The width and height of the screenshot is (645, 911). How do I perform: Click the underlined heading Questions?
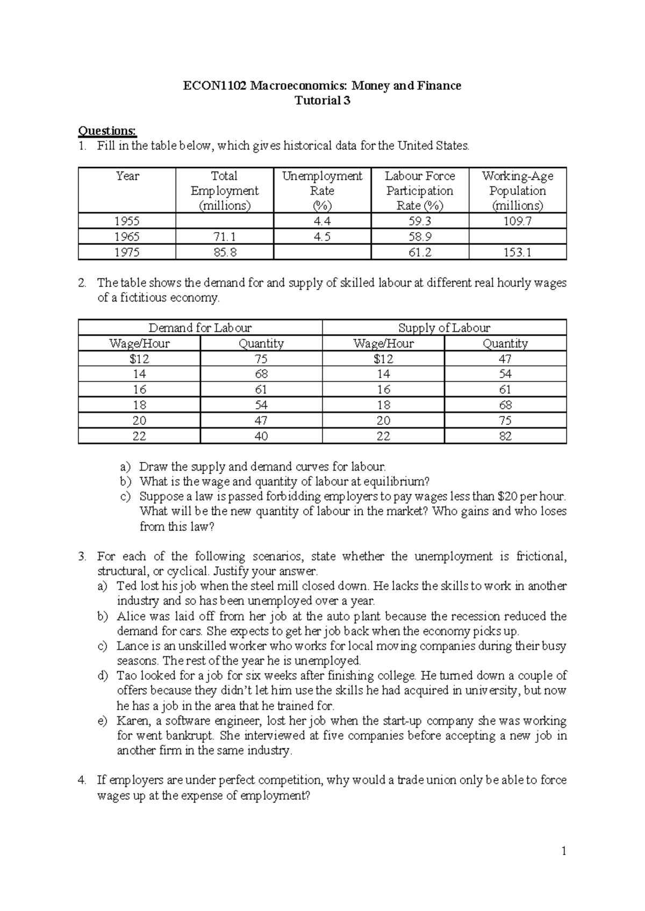click(x=107, y=131)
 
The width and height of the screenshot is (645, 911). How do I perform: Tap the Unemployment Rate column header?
click(x=322, y=190)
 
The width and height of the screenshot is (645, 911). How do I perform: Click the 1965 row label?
click(x=127, y=236)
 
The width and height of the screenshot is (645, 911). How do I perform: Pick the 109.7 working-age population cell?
click(x=517, y=221)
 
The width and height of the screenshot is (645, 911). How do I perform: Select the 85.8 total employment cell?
click(x=225, y=252)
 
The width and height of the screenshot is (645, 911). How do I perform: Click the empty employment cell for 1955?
click(x=225, y=221)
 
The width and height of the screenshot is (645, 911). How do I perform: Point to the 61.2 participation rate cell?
click(x=419, y=252)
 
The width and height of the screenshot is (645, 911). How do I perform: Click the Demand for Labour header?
click(x=200, y=328)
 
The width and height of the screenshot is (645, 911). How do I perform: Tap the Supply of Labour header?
click(x=444, y=328)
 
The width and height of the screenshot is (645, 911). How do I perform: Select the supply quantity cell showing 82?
click(x=505, y=436)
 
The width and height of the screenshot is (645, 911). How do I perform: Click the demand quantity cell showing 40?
click(x=261, y=436)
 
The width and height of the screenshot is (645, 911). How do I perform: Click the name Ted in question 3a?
click(x=127, y=586)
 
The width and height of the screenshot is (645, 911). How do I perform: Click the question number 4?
click(x=82, y=780)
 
